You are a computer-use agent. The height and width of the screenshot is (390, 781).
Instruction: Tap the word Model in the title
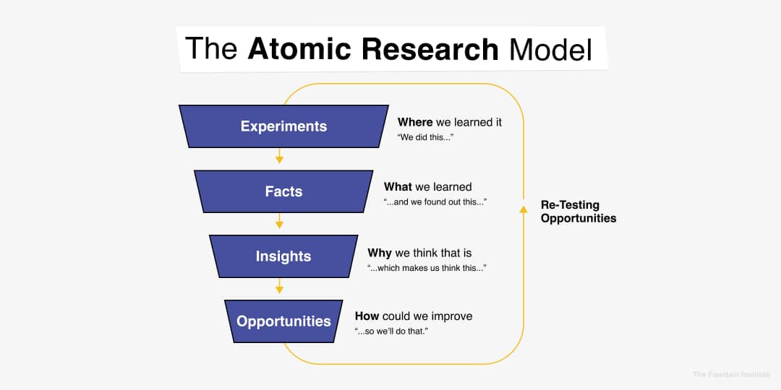(x=550, y=49)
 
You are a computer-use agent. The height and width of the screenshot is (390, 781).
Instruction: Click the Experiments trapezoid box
(x=283, y=126)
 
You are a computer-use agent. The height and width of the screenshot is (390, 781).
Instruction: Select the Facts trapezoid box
(x=283, y=191)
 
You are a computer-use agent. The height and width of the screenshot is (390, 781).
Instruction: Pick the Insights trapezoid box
(x=283, y=256)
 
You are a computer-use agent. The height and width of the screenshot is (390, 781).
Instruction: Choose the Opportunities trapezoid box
(x=283, y=321)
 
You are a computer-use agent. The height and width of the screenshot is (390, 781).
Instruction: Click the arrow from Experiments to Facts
(x=280, y=157)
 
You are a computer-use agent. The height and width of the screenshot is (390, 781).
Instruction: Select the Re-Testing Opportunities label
(x=579, y=212)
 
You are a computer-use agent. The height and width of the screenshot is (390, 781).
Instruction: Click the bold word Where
(x=415, y=122)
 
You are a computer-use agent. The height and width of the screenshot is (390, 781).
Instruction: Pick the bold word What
(x=398, y=187)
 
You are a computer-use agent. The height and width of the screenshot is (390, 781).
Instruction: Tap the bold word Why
(x=380, y=252)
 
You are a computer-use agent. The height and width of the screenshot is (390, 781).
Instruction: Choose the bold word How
(x=367, y=316)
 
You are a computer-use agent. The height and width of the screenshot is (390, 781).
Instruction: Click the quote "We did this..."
(x=425, y=136)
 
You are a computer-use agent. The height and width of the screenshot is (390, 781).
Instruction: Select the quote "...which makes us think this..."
(x=427, y=267)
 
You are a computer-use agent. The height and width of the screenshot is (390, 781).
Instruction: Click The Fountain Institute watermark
(x=731, y=374)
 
